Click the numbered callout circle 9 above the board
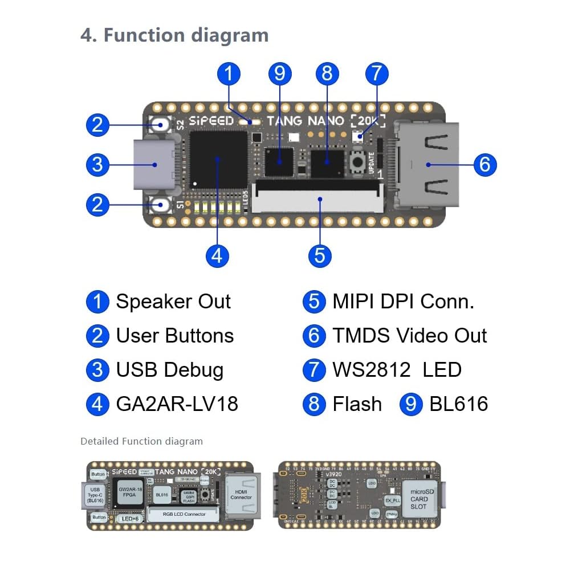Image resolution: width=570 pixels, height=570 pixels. click(279, 74)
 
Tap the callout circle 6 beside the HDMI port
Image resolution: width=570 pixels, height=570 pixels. click(484, 164)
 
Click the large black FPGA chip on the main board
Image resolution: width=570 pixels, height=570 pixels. click(218, 159)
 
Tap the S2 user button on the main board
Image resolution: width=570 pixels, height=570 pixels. click(159, 124)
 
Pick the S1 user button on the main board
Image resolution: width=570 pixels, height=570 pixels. click(160, 204)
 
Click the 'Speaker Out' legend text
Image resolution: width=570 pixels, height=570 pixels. click(173, 302)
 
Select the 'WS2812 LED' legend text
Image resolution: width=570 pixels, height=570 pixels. click(397, 370)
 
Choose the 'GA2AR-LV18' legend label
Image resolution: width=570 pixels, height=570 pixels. click(177, 404)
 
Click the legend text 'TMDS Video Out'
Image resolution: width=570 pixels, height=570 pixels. click(409, 336)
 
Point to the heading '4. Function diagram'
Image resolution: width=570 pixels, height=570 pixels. click(174, 35)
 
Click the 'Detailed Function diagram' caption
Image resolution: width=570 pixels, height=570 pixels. click(141, 441)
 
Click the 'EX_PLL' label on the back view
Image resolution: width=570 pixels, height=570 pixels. click(393, 500)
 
